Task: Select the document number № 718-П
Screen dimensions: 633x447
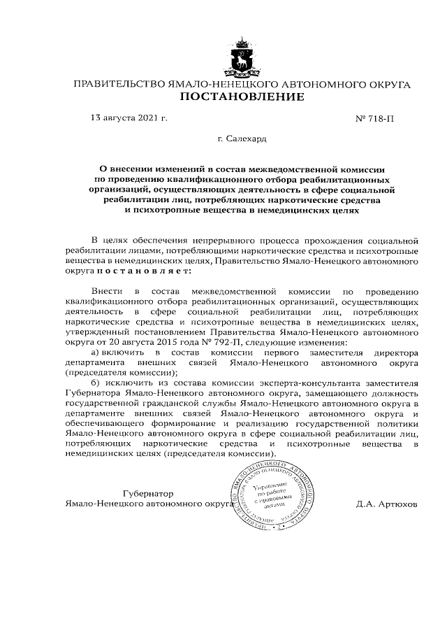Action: [x=376, y=118]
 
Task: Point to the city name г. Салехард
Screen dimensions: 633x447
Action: [x=242, y=139]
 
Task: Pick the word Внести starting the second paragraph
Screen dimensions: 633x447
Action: [x=105, y=290]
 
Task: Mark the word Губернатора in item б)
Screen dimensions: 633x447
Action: [x=92, y=393]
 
